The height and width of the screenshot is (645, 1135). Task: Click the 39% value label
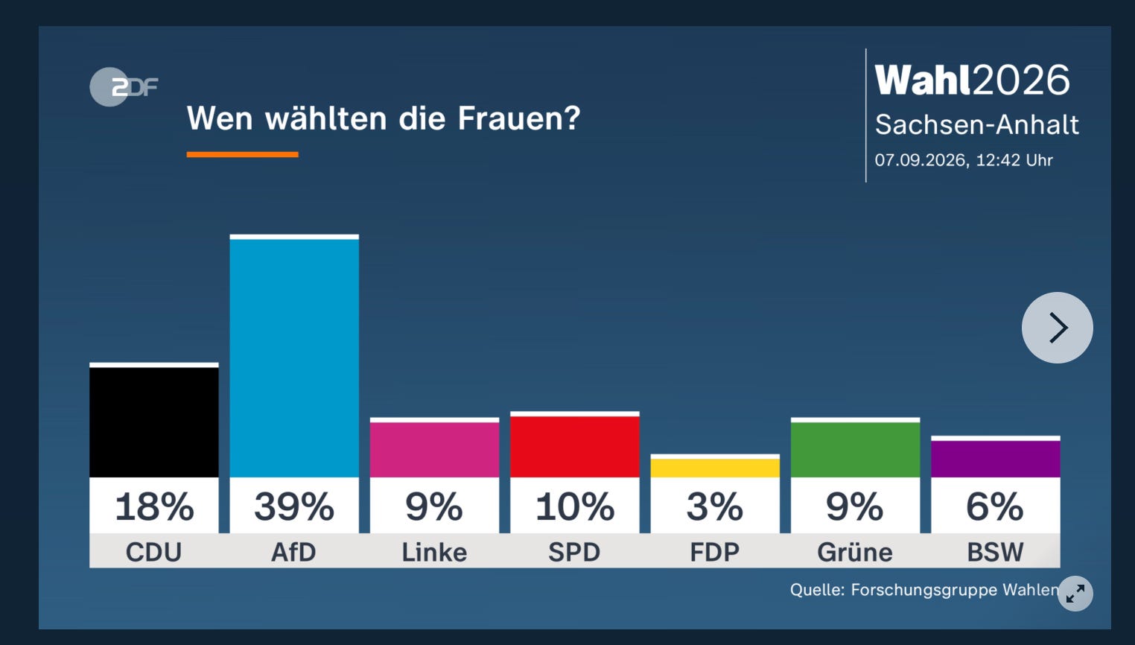[294, 506]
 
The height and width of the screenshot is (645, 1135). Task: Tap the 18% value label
[155, 506]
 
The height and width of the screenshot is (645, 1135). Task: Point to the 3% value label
[715, 506]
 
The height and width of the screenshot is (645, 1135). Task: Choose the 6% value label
[995, 506]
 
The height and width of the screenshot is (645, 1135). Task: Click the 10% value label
[575, 506]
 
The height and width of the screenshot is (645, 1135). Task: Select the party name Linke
[434, 552]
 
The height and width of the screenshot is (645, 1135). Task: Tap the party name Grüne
[855, 552]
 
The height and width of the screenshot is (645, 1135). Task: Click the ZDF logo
[124, 86]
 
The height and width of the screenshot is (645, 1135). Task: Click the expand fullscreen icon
[1075, 594]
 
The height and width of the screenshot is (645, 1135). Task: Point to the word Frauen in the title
[519, 118]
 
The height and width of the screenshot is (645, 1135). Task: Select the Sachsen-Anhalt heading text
[977, 124]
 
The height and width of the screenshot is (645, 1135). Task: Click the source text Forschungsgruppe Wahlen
[955, 590]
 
